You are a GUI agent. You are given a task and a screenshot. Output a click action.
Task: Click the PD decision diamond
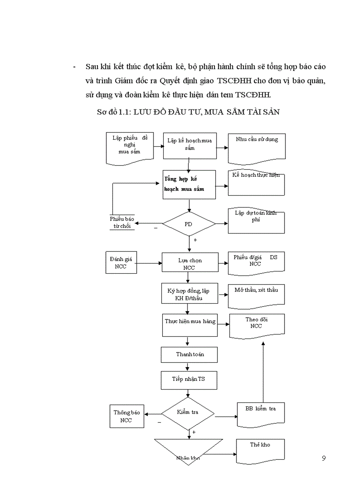click(189, 223)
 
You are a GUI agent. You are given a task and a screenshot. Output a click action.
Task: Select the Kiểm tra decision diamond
click(188, 413)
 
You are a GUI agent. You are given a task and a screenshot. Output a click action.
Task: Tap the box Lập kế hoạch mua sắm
click(189, 145)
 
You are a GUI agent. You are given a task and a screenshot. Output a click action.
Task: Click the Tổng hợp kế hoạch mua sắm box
click(189, 184)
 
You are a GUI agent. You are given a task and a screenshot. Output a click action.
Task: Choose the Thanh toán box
click(190, 354)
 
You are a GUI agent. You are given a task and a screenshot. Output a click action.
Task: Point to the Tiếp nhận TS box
click(188, 379)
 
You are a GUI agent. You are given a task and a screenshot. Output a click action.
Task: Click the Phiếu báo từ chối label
click(122, 223)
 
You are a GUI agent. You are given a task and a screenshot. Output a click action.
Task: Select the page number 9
click(324, 458)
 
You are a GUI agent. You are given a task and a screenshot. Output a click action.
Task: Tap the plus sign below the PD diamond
click(195, 240)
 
